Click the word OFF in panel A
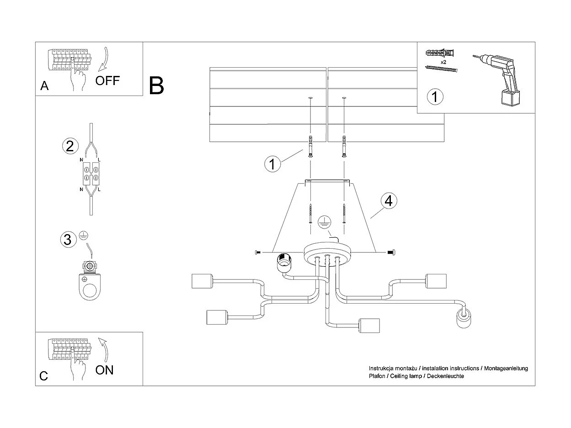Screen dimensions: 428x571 [x=107, y=81]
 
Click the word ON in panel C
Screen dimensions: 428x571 [x=105, y=370]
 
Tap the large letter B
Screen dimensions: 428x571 [x=156, y=86]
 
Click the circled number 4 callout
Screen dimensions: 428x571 [x=388, y=201]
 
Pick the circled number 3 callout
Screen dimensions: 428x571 [x=68, y=239]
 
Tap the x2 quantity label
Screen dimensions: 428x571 [x=443, y=62]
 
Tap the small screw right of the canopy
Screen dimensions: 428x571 [x=391, y=251]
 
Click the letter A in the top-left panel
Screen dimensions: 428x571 [x=44, y=86]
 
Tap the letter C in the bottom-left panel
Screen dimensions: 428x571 [x=44, y=376]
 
